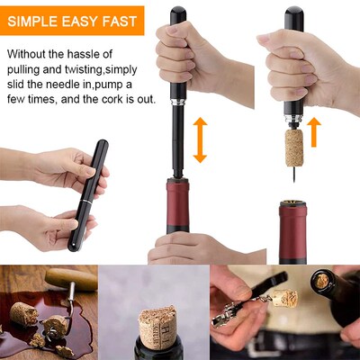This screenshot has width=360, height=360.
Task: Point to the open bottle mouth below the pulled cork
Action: point(293,212)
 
